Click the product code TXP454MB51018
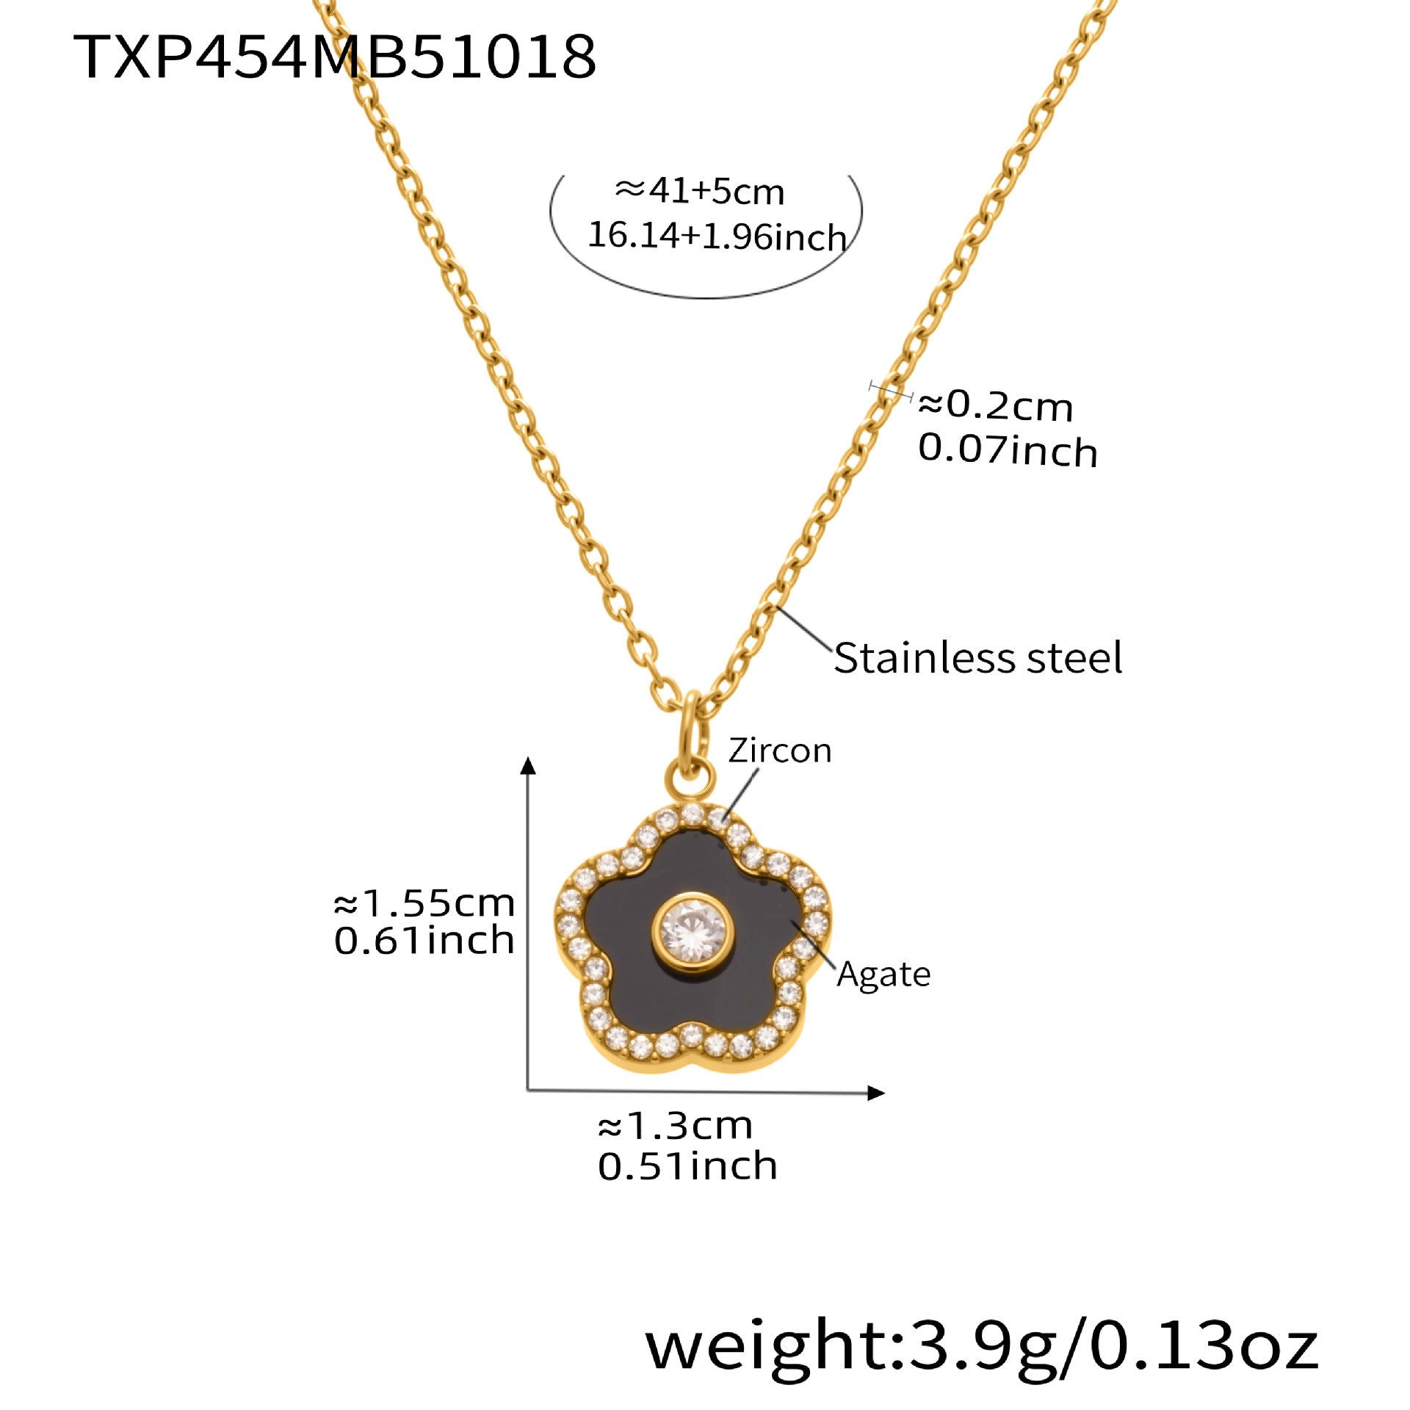pyautogui.click(x=335, y=57)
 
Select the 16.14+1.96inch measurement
pyautogui.click(x=717, y=236)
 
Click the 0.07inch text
pyautogui.click(x=1008, y=449)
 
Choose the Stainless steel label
pyautogui.click(x=977, y=657)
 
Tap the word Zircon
pyautogui.click(x=780, y=751)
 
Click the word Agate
pyautogui.click(x=883, y=975)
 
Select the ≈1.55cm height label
pyautogui.click(x=424, y=903)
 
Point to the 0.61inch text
pyautogui.click(x=424, y=941)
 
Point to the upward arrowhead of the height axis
pyautogui.click(x=528, y=765)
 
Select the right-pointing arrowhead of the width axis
pyautogui.click(x=875, y=1093)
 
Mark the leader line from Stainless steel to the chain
pyautogui.click(x=805, y=630)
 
